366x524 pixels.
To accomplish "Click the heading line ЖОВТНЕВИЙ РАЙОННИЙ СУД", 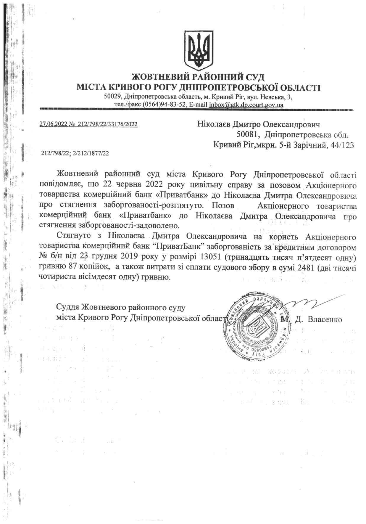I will point(198,77).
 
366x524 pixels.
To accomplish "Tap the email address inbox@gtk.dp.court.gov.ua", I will point(246,105).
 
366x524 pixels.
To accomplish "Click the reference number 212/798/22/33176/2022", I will point(107,124).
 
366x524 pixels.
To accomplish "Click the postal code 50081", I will point(248,135).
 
